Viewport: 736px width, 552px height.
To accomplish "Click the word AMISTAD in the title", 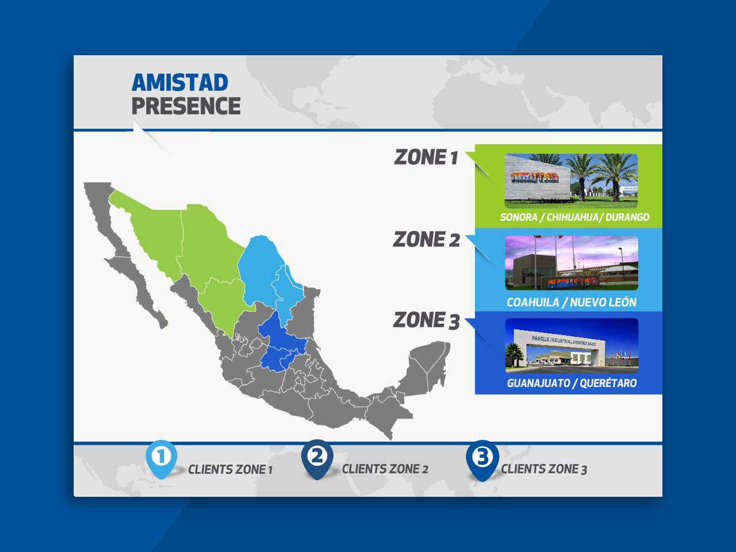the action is coord(180,82).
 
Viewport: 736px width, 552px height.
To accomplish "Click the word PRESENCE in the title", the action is coord(186,106).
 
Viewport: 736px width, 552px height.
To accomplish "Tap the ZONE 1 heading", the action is coord(426,157).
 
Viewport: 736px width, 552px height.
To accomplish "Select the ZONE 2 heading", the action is coord(426,239).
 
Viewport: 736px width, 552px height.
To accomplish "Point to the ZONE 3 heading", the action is coord(426,320).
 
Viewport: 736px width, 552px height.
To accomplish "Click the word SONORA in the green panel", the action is coord(519,217).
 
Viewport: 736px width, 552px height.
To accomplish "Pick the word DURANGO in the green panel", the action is coord(627,217).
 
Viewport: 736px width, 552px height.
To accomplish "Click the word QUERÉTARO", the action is coord(608,383).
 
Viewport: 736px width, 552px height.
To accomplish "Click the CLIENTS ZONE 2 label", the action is coord(385,469).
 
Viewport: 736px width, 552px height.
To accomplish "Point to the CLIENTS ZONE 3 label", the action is coord(544,469).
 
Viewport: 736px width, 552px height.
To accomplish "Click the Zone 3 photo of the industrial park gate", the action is coord(572,346).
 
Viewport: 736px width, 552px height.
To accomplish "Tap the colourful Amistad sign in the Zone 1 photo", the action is coord(535,177).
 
